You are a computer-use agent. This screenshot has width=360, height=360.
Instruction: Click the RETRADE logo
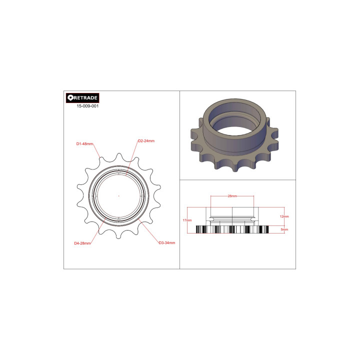82,98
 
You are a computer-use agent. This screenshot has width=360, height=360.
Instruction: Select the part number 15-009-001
87,106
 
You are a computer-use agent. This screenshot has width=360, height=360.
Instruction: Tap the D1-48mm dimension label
84,144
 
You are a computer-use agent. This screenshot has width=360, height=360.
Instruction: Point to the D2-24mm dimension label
146,141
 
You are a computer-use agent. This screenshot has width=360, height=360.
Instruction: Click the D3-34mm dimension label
166,243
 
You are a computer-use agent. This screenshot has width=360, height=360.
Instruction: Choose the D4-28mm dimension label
82,243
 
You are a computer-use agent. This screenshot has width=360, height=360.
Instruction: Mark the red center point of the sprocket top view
118,195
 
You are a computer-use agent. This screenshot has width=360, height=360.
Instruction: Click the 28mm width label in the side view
232,196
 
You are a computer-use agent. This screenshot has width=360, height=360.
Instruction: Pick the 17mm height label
187,220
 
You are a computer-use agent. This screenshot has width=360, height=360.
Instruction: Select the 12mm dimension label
284,216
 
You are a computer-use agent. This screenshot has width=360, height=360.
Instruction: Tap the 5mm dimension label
284,229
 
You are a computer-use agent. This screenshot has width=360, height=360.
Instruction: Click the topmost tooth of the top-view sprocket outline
118,155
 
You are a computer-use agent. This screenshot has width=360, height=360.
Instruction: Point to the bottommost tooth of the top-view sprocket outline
118,235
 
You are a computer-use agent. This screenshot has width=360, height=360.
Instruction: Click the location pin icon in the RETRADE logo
70,98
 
